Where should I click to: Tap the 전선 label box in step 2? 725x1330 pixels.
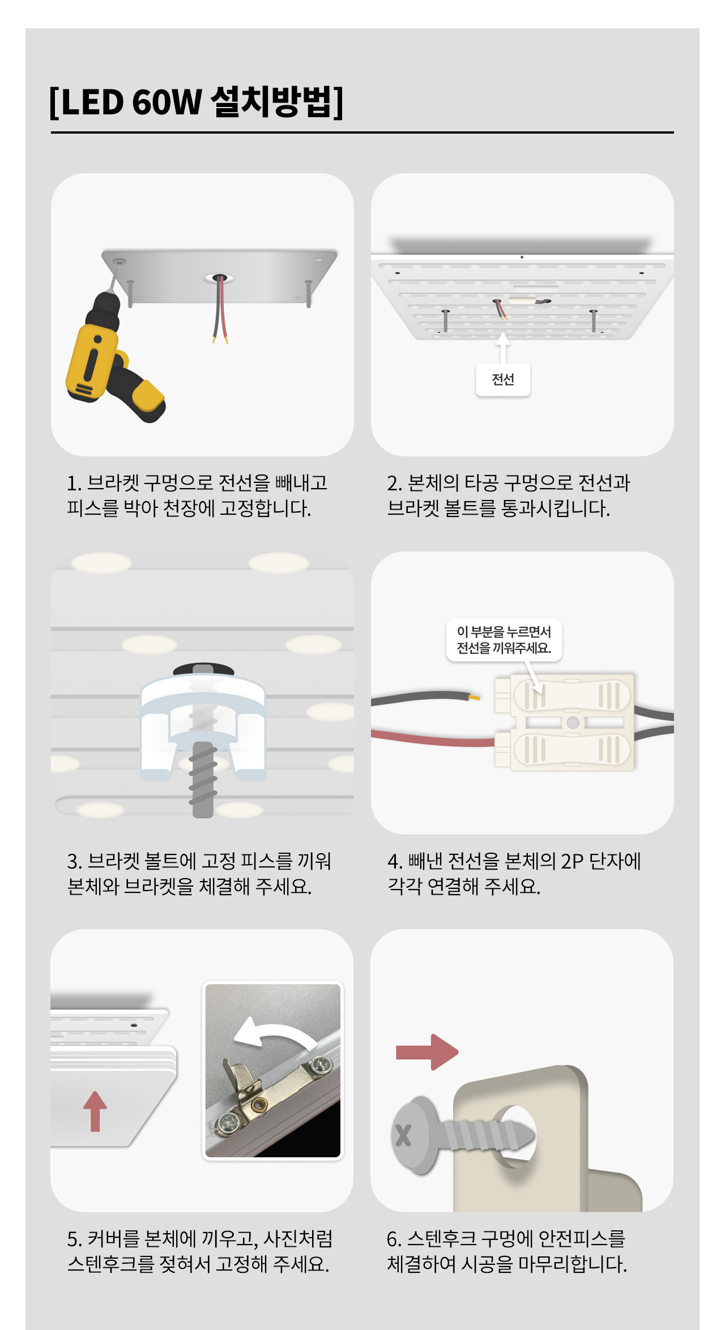click(503, 379)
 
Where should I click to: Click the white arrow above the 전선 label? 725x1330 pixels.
click(503, 347)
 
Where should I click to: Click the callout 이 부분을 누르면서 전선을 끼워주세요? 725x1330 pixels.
click(504, 640)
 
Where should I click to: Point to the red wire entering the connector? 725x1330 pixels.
click(433, 737)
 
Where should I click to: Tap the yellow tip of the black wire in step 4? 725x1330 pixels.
click(474, 698)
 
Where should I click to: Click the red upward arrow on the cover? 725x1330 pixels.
click(95, 1111)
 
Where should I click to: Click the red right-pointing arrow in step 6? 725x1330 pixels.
click(427, 1052)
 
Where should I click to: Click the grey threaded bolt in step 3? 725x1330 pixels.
click(203, 779)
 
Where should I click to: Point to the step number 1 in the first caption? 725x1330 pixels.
click(72, 483)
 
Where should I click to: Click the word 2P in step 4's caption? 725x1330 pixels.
click(572, 861)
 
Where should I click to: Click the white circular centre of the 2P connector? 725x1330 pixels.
click(573, 722)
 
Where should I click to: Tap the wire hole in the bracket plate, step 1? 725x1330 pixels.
click(220, 278)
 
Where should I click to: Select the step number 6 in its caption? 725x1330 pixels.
click(393, 1239)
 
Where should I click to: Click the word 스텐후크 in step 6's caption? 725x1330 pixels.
click(442, 1239)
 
